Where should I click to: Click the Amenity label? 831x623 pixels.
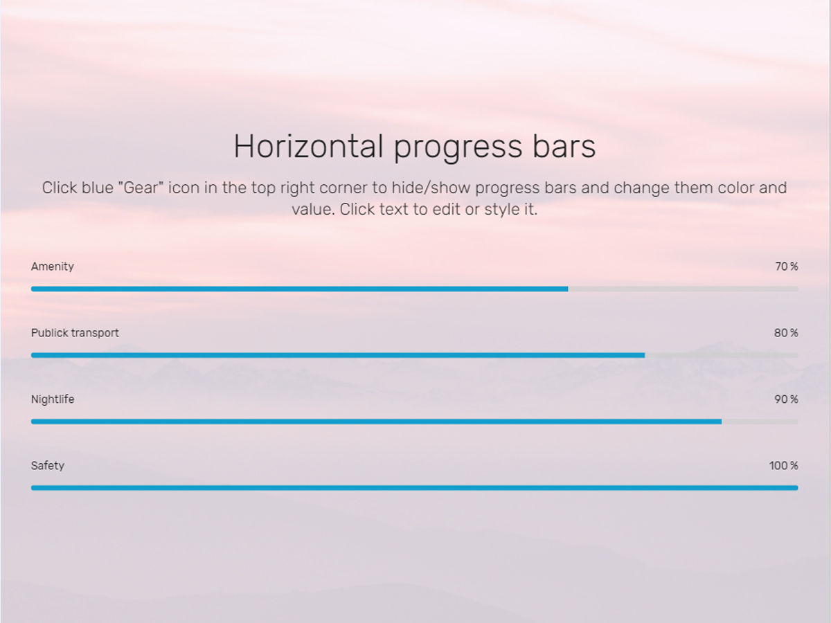tap(52, 267)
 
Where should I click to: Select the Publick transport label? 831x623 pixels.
tap(75, 333)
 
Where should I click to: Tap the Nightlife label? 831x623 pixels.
tap(53, 399)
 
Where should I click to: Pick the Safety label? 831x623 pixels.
tap(48, 466)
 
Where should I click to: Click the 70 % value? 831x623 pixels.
tap(787, 267)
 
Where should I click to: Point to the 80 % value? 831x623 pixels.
tap(786, 333)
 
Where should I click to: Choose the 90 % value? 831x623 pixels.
tap(786, 399)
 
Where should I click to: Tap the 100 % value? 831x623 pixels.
tap(784, 466)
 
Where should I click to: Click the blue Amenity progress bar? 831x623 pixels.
tap(299, 289)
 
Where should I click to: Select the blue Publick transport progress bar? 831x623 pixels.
tap(338, 355)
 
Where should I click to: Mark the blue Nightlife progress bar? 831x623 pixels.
tap(376, 422)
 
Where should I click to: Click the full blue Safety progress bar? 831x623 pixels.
tap(415, 488)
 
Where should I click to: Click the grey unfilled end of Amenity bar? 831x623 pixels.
tap(683, 289)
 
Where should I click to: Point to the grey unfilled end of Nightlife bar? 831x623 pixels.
tap(760, 422)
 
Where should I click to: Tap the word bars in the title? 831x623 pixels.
tap(564, 147)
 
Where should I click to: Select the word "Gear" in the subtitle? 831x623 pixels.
tap(141, 188)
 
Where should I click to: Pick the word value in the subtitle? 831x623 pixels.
tap(313, 210)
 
